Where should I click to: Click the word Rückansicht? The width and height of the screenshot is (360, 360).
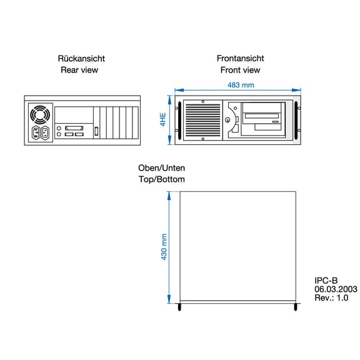coord(81,59)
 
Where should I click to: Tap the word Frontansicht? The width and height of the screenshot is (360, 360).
coord(241,58)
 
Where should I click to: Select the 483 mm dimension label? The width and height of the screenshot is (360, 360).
coord(241,85)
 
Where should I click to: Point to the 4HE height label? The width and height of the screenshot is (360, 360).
coord(162,119)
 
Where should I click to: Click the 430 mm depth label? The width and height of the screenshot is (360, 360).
coord(164,247)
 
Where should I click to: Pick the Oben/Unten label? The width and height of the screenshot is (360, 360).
coord(161,168)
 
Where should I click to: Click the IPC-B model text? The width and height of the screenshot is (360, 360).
coord(326,281)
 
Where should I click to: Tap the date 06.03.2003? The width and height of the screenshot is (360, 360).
coord(336,289)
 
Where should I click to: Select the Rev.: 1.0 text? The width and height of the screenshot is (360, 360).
coord(331,297)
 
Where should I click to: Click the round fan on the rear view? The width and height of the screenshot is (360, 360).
coord(40,115)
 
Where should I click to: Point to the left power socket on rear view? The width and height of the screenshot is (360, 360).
coord(36,133)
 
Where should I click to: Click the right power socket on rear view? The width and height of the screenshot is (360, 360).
coord(45,133)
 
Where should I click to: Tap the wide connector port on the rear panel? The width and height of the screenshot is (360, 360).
coord(74,128)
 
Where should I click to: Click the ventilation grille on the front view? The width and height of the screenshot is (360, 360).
coord(203,120)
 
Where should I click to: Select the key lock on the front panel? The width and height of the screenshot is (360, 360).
coord(227,119)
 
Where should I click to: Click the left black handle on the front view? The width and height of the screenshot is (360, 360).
coord(179,120)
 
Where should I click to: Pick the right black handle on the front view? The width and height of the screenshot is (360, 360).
coord(296,120)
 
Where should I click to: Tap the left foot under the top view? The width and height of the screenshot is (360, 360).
coord(179,307)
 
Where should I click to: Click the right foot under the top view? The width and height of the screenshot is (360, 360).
coord(296,307)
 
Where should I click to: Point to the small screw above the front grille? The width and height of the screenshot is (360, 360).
coord(203,101)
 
